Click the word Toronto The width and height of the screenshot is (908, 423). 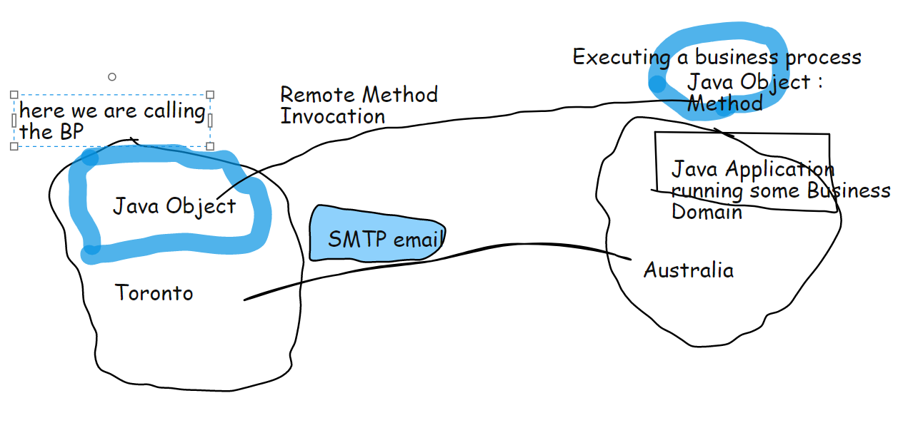(154, 293)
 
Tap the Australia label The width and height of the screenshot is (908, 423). (688, 270)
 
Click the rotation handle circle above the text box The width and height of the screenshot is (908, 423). (111, 76)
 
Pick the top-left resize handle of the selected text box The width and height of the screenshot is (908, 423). (14, 95)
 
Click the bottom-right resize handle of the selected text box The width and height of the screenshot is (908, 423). (210, 146)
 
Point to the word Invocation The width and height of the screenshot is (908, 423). (332, 116)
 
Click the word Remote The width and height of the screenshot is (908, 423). (318, 95)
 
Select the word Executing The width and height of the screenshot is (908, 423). (621, 57)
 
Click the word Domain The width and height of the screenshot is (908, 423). (707, 212)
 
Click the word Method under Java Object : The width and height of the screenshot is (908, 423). (724, 103)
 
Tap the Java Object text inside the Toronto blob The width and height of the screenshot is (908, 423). (174, 206)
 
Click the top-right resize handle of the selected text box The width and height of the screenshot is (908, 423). (210, 95)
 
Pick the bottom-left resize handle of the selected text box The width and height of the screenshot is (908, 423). (14, 146)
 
